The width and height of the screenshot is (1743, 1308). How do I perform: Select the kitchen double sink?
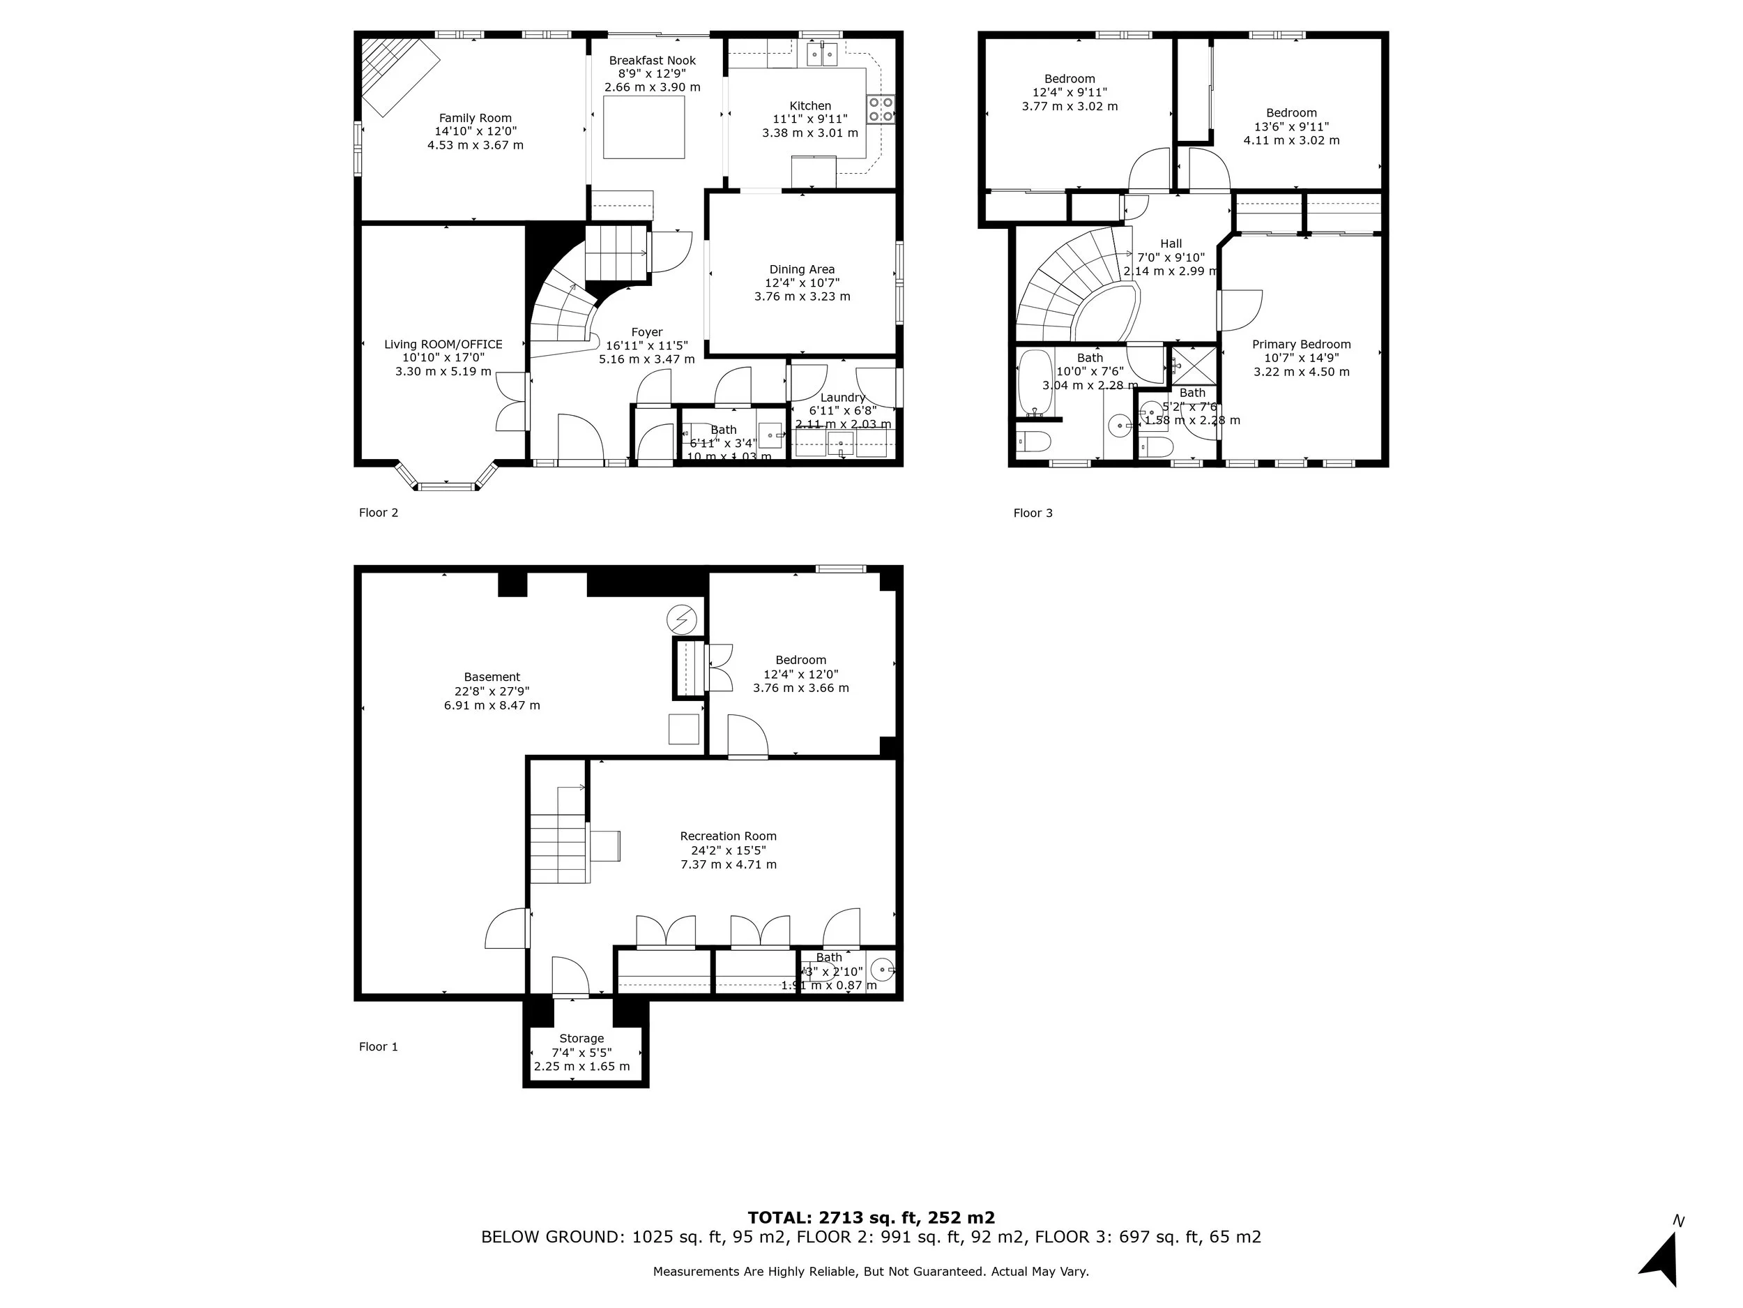(822, 54)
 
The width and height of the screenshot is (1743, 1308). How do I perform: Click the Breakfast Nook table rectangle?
(644, 127)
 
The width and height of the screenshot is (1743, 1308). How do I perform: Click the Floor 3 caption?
(1033, 513)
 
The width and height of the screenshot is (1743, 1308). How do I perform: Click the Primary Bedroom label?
(1301, 345)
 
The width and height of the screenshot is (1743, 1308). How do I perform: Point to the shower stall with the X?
(1194, 365)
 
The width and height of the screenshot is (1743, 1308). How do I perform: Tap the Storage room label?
(581, 1038)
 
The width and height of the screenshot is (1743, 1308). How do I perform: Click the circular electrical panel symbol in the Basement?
(682, 620)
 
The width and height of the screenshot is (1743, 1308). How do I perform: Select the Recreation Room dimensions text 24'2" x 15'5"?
(728, 850)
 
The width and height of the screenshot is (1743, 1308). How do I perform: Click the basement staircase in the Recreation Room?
(558, 848)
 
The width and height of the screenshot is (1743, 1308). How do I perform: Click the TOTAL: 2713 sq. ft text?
(871, 1217)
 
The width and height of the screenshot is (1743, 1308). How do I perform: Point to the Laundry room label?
(842, 398)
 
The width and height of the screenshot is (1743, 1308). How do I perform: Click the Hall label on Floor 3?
(1171, 243)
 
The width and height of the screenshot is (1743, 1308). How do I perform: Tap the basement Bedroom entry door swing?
(747, 737)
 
